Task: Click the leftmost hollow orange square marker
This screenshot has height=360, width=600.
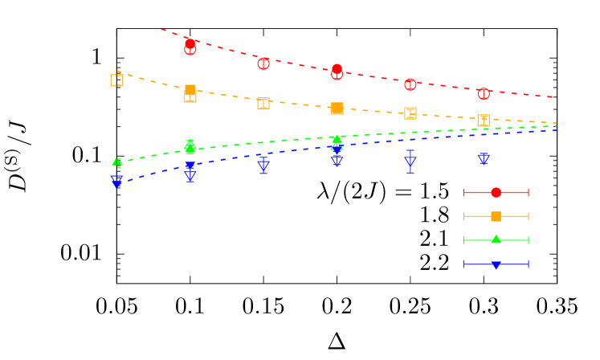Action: point(116,80)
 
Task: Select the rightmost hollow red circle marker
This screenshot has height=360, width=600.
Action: point(484,94)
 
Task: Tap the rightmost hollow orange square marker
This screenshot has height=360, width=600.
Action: point(483,121)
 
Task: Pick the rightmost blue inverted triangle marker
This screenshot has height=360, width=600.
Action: point(484,158)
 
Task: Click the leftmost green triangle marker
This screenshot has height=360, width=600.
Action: point(117,163)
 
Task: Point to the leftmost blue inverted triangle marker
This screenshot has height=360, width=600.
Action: point(117,182)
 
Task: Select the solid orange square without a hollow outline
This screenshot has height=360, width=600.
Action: point(337,108)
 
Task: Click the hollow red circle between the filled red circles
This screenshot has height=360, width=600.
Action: point(263,63)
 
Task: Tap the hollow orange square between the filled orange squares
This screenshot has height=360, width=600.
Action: point(263,104)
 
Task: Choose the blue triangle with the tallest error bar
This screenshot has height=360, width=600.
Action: point(410,162)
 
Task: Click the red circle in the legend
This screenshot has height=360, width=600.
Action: point(496,192)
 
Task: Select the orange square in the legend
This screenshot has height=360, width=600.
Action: point(496,216)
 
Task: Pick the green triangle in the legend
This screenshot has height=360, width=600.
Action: point(496,239)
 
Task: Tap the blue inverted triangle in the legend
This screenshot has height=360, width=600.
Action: point(496,264)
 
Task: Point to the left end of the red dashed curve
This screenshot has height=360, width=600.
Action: point(161,30)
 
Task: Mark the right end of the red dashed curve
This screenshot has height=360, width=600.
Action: point(555,97)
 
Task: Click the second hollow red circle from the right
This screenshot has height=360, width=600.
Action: point(410,84)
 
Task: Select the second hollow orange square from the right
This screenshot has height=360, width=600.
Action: point(410,113)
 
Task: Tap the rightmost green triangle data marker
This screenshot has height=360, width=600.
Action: point(337,140)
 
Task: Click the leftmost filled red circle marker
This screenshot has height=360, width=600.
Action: point(190,43)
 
